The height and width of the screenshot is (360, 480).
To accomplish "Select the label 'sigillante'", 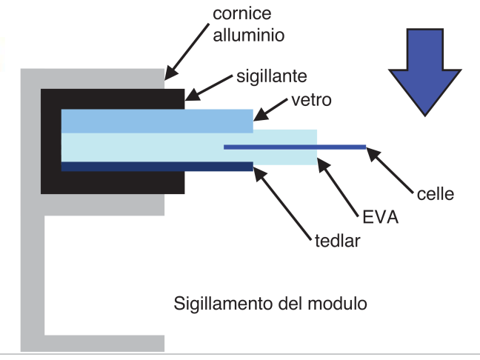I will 272,76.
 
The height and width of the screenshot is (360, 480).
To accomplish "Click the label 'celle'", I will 435,193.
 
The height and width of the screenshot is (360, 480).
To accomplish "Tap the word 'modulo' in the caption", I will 336,304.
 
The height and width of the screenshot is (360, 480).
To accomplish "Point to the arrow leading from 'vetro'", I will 271,109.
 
